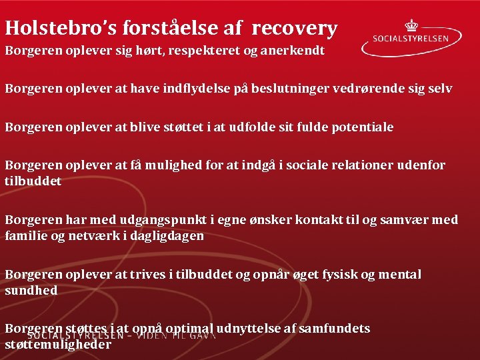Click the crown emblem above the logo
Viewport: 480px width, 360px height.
click(411, 25)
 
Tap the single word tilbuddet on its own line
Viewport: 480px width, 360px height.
click(33, 181)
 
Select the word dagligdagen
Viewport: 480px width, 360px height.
click(167, 235)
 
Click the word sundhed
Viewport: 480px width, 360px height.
click(31, 290)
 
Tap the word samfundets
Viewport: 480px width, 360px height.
click(337, 328)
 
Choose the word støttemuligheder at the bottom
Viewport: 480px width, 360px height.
click(58, 345)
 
